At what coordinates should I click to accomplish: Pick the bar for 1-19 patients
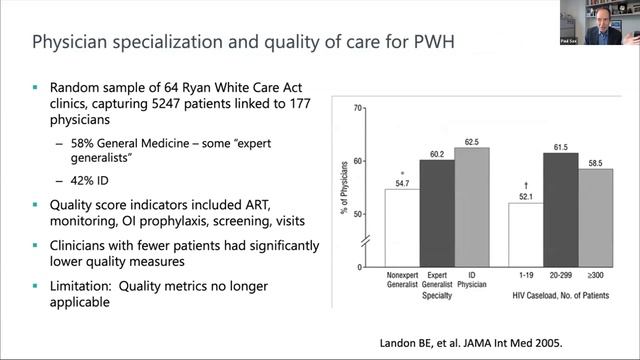pyautogui.click(x=526, y=234)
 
